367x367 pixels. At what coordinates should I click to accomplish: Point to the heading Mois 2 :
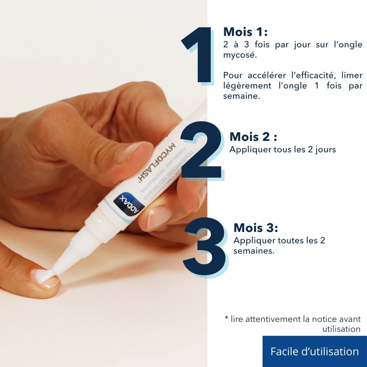tap(253, 137)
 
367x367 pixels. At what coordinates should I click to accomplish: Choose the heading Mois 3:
tap(256, 228)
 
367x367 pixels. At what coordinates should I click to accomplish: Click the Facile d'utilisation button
tap(315, 351)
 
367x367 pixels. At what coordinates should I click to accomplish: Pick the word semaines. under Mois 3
tap(254, 251)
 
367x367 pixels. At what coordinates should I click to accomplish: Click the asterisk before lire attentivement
tap(226, 319)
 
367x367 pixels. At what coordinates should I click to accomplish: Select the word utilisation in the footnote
tap(341, 329)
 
